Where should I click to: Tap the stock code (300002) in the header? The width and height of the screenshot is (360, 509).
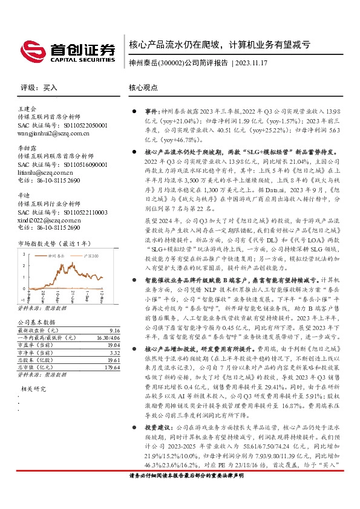click(x=170, y=62)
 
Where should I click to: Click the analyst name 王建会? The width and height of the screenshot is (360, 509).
click(x=28, y=108)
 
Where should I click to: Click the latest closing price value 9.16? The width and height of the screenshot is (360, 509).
click(x=100, y=331)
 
